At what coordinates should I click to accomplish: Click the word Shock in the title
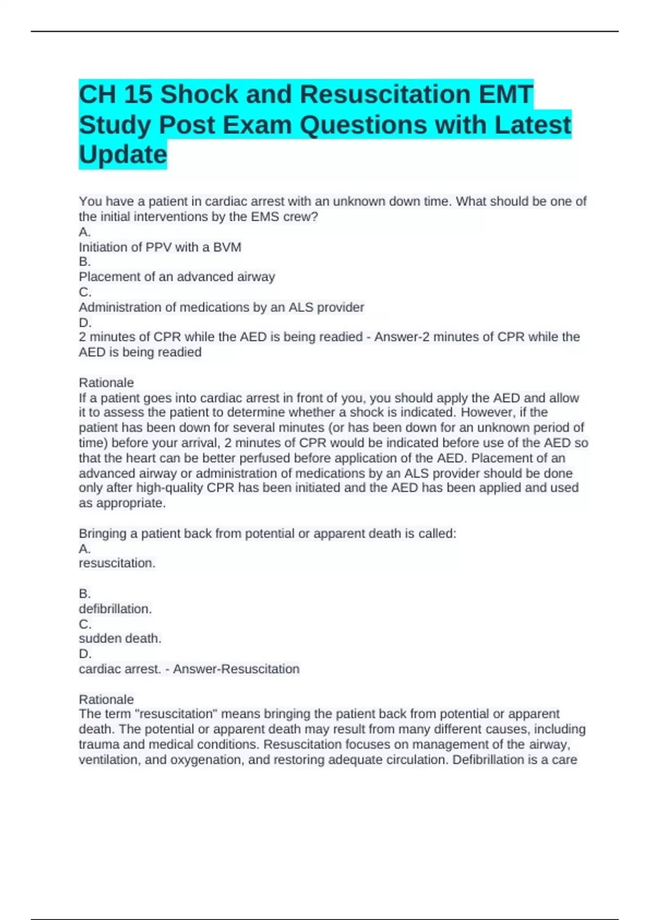click(x=199, y=94)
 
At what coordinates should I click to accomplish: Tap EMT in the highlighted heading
click(x=506, y=94)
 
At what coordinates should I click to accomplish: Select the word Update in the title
click(x=123, y=155)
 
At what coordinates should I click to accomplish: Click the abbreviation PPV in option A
click(x=158, y=247)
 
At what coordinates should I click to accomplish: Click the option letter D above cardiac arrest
click(x=84, y=654)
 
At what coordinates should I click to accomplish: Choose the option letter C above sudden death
click(x=84, y=624)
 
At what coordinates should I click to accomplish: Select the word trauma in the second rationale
click(x=98, y=745)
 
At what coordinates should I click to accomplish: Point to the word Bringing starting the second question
click(x=103, y=534)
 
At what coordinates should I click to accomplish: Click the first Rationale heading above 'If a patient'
click(x=106, y=383)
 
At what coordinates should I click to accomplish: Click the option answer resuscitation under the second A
click(x=117, y=563)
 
